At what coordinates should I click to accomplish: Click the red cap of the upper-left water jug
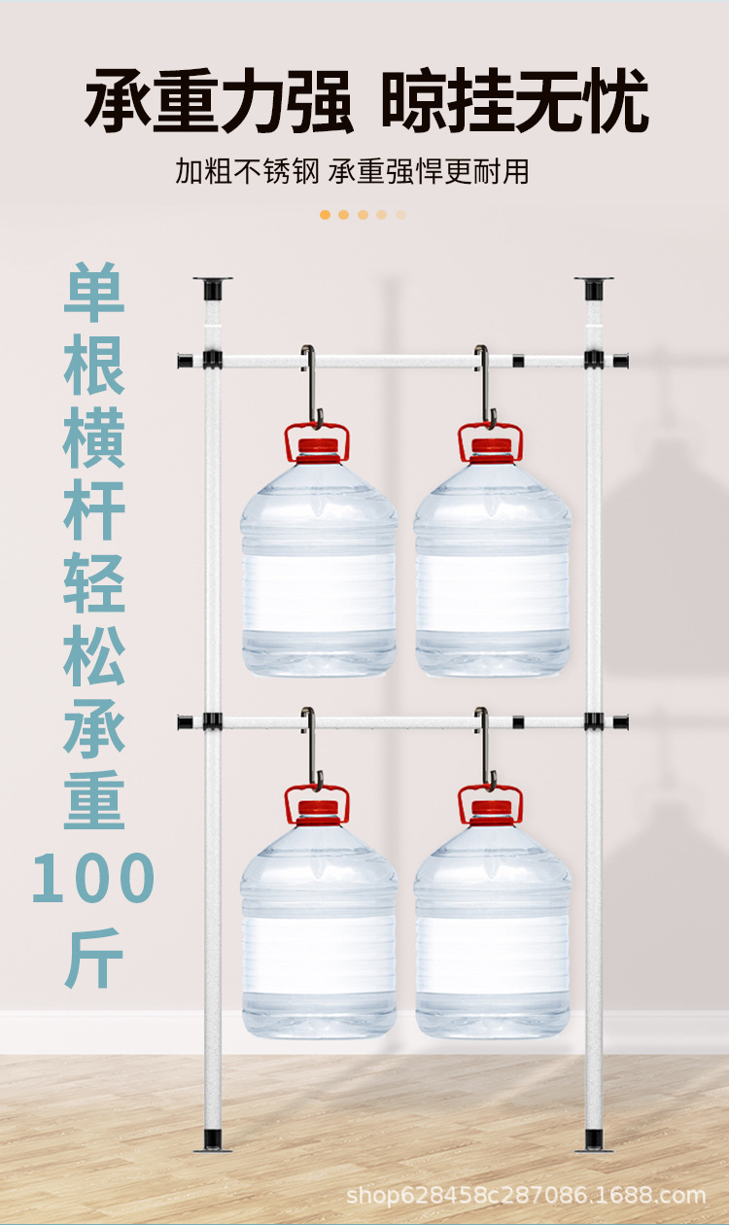[x=318, y=448]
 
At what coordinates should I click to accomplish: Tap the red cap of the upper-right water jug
[x=491, y=448]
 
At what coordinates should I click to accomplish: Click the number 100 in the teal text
[x=93, y=880]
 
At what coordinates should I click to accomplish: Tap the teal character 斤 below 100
[x=94, y=957]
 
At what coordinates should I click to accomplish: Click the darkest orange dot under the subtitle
[x=325, y=214]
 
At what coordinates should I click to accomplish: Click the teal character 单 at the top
[x=94, y=293]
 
